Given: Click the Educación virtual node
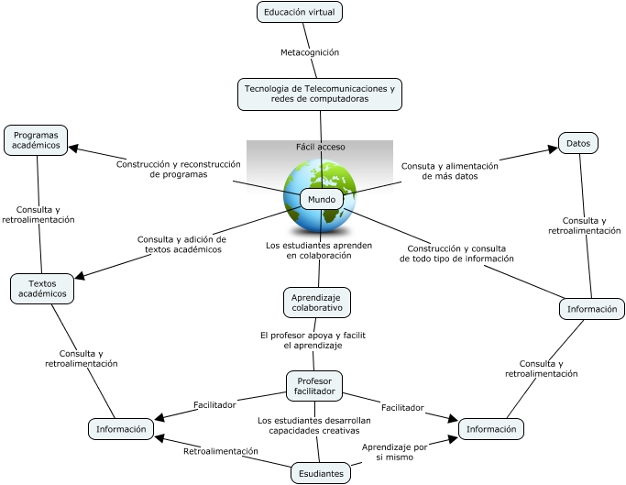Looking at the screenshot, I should point(300,12).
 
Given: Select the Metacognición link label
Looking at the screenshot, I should point(310,52).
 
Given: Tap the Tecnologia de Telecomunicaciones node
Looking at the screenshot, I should point(320,94).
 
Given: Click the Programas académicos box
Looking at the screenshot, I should point(36,140).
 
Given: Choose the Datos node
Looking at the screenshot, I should point(578,143).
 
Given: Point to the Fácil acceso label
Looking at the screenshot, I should point(320,147).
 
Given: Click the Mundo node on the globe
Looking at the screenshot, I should point(322,199).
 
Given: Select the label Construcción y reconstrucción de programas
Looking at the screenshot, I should point(179,170).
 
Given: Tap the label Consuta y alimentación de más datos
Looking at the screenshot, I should point(449,171).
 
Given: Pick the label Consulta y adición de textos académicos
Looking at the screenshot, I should point(181,244).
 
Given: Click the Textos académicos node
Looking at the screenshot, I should point(42,289).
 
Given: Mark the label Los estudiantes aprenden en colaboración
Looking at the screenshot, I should point(319,251).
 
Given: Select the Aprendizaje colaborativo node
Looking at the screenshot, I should point(316,302).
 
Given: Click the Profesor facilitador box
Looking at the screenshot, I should point(314,386).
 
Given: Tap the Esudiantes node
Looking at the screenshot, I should point(321,473).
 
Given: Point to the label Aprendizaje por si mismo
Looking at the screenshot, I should point(394,451).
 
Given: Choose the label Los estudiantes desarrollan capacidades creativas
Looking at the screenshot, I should point(313,424).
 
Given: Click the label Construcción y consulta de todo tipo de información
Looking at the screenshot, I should point(456,253).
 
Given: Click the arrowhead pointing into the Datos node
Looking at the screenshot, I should point(553,149).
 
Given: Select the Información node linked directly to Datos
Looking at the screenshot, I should point(592,309).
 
